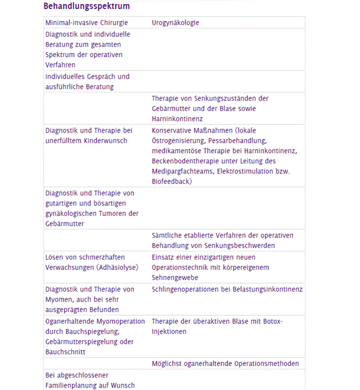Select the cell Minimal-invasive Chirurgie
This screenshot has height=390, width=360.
pyautogui.click(x=86, y=23)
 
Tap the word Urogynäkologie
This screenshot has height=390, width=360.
pyautogui.click(x=175, y=23)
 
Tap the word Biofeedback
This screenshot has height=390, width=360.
pyautogui.click(x=171, y=181)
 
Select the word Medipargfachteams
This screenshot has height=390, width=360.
pyautogui.click(x=183, y=171)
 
